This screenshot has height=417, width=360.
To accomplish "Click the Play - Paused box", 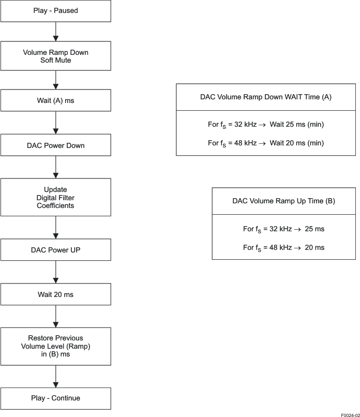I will point(55,11).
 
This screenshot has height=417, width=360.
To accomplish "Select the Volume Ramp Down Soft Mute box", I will point(55,56).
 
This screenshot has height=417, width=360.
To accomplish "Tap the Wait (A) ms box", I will point(55,100).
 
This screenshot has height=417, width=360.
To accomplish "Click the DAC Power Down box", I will point(55,145).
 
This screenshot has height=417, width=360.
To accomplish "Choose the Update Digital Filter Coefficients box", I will point(55,197).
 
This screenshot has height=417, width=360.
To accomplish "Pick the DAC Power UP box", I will point(55,250).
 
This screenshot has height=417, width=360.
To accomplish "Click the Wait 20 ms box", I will point(55,294).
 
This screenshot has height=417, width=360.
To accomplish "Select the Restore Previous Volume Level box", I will point(55,346).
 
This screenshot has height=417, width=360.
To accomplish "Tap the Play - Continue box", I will point(55,398).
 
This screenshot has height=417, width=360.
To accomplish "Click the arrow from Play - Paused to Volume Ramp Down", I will point(55,32).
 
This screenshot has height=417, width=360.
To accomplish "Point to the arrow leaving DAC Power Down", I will point(55,167).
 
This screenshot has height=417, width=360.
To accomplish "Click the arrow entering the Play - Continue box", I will point(55,376).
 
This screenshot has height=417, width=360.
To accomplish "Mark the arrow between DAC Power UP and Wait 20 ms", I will point(55,272).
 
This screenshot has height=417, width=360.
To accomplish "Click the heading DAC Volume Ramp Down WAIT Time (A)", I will point(266,97).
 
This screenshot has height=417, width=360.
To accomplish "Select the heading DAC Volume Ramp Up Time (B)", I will point(283,201).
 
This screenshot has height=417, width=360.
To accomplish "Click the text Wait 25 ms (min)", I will point(296,125).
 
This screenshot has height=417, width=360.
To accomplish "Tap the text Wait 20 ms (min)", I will point(296,143).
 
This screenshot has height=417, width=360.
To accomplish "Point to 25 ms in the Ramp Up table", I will point(314,229).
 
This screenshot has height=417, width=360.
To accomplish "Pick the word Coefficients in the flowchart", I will point(55,205).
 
